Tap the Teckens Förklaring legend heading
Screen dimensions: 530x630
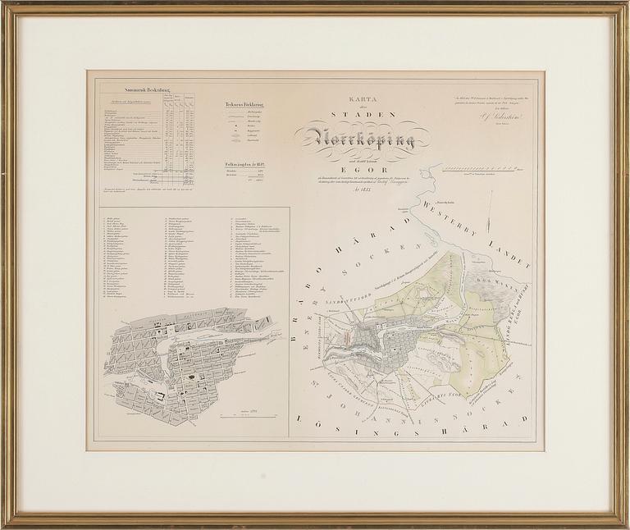246,105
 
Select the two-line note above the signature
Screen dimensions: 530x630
499,103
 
